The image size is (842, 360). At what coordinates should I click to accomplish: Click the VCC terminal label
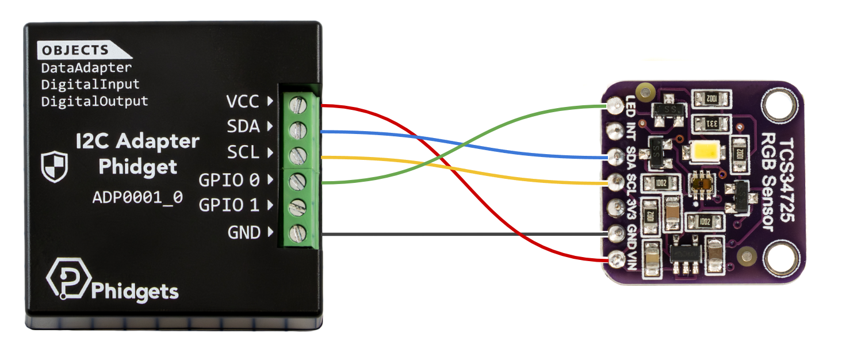coord(242,102)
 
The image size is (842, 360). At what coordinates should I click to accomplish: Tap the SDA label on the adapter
coord(243,127)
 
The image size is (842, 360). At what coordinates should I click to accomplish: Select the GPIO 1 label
coord(228,205)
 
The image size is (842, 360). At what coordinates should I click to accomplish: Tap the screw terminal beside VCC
coord(298,104)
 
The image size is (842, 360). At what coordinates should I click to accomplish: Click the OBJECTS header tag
coord(75,50)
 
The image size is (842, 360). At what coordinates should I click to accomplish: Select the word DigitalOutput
coord(94,101)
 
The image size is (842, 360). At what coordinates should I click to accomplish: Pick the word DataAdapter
coord(86,68)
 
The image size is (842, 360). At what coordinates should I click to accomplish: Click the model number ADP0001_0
coord(137,197)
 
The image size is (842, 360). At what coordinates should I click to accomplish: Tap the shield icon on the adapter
coord(55,167)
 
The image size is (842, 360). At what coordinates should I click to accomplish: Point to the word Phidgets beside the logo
coord(135,291)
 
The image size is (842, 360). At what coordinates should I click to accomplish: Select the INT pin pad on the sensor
coord(616,130)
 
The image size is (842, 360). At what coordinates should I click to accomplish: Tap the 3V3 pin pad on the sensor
coord(616,206)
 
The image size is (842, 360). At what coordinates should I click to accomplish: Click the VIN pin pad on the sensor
coord(616,258)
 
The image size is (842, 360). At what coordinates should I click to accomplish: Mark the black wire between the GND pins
coord(460,234)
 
